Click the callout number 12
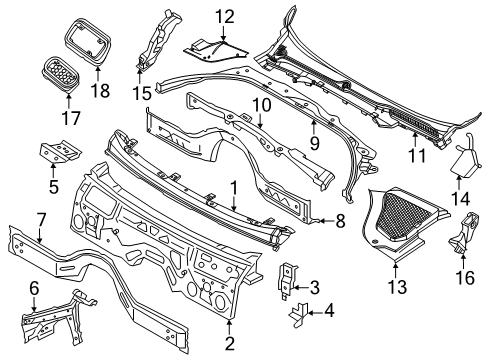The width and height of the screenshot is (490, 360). (x=224, y=17)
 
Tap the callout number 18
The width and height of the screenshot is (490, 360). (x=100, y=90)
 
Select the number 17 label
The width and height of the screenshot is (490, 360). (x=71, y=118)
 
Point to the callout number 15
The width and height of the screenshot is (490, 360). (x=142, y=93)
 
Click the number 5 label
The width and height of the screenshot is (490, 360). (x=54, y=186)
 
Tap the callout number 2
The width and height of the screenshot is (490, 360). (x=230, y=344)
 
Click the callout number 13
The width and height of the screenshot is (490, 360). (x=397, y=287)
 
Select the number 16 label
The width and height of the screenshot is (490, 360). (x=465, y=278)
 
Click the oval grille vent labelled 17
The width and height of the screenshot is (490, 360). (x=61, y=74)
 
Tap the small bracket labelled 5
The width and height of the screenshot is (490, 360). (x=61, y=152)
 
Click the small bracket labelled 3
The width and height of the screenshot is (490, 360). (x=287, y=282)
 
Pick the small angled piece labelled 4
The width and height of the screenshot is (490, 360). (x=299, y=314)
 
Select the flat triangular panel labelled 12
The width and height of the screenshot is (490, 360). (x=215, y=51)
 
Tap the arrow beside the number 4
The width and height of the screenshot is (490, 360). (x=316, y=313)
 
